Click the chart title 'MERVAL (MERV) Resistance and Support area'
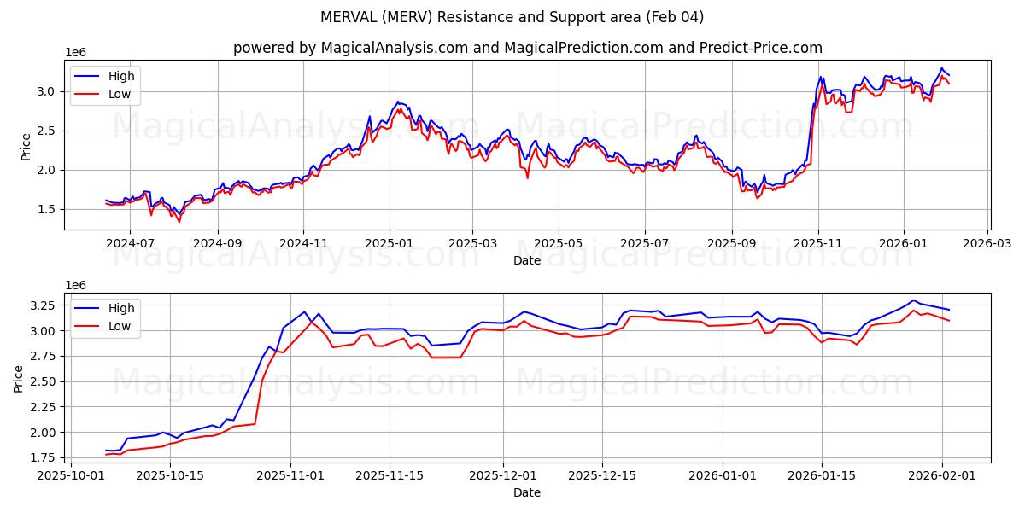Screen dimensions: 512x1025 click(512, 17)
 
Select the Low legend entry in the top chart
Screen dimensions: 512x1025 click(120, 95)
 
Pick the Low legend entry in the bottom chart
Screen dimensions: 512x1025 click(120, 327)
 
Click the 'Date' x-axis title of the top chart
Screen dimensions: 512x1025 click(527, 261)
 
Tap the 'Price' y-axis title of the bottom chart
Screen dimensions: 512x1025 click(19, 378)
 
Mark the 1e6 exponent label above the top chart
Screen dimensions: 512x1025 click(77, 53)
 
